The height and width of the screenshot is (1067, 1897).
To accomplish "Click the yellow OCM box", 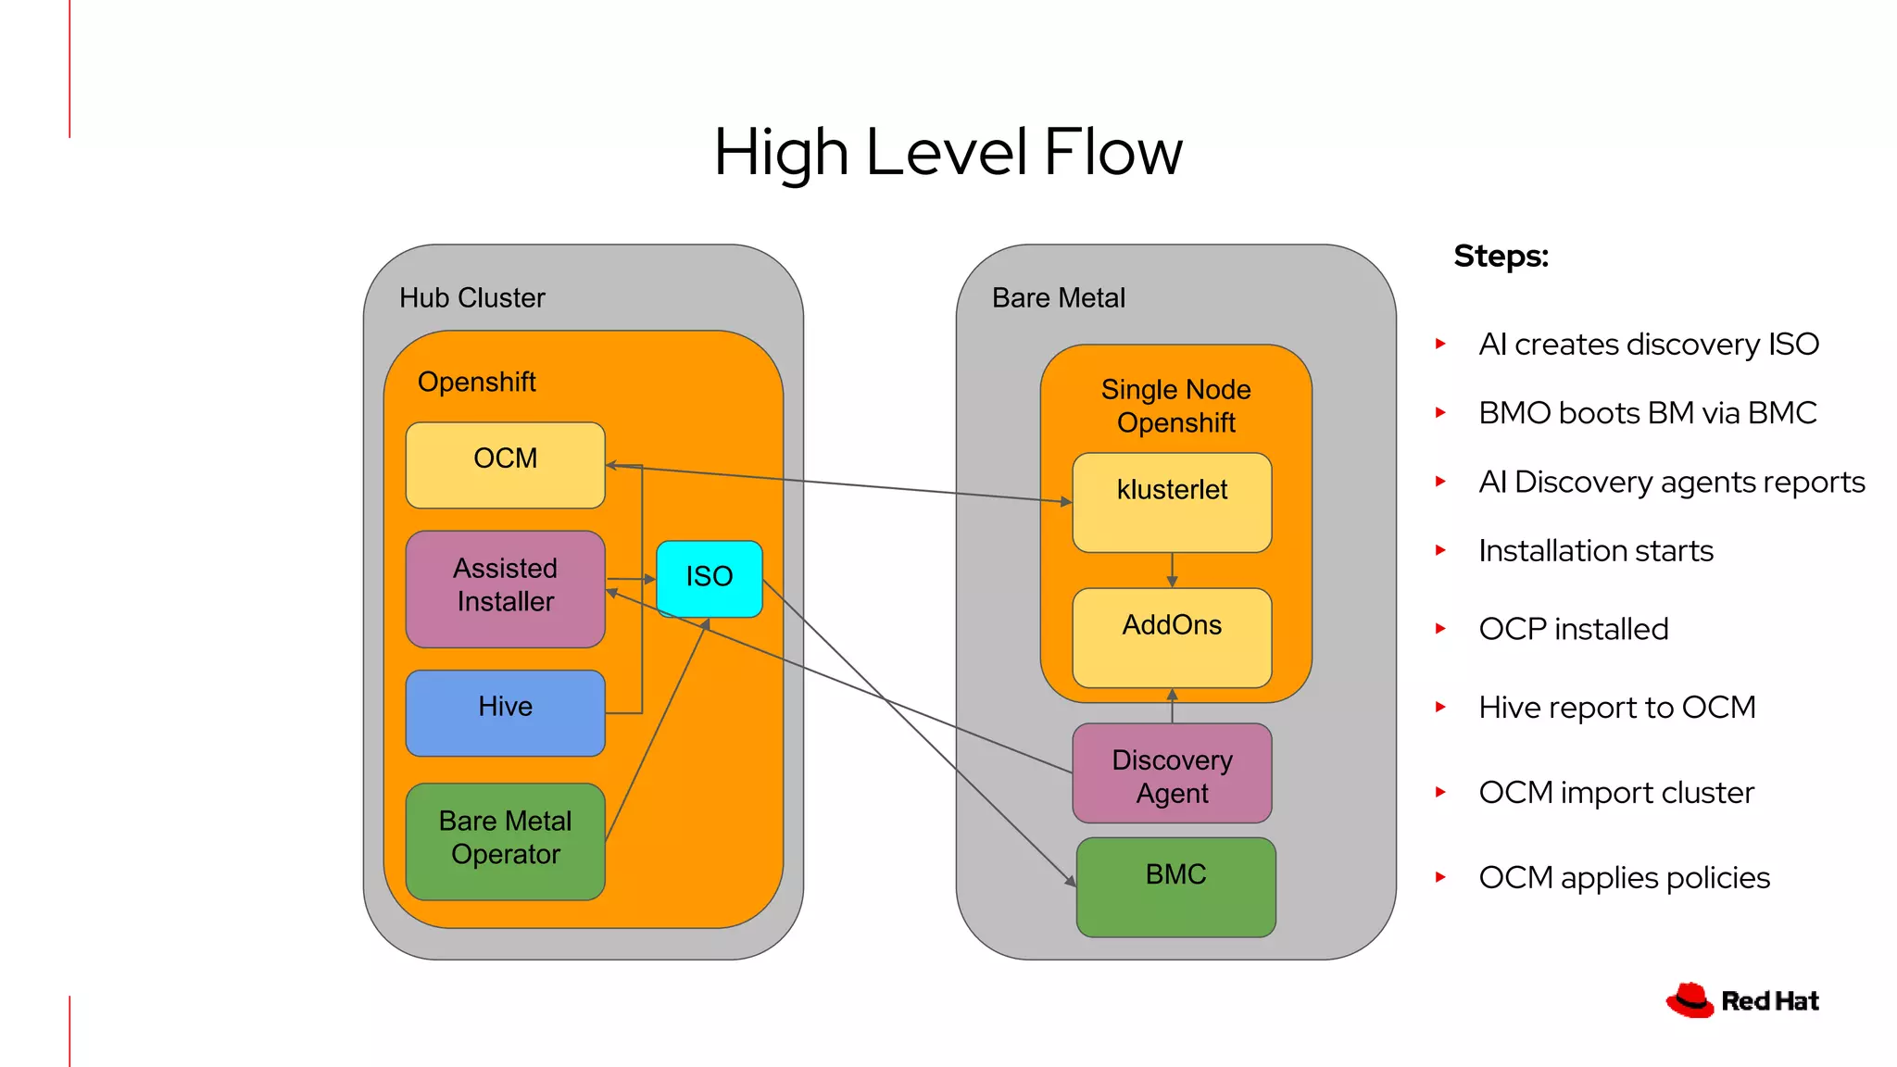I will point(505,465).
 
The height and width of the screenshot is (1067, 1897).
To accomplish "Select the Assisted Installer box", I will point(505,588).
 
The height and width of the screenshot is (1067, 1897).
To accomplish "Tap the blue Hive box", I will point(505,712).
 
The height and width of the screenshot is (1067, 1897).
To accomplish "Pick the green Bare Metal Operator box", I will point(505,841).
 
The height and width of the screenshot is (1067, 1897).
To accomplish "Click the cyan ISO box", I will point(709,579).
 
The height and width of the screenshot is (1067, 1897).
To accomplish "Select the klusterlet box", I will point(1172,502).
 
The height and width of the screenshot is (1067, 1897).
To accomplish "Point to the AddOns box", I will point(1172,637).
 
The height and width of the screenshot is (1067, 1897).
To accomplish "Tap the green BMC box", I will point(1175,886).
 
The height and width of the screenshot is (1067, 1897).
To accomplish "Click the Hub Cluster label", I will point(471,297).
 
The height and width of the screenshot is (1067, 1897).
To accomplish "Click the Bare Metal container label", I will point(1058,297).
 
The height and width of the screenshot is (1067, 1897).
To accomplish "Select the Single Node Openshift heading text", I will point(1175,406).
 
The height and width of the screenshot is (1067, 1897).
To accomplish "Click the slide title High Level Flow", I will point(948,152).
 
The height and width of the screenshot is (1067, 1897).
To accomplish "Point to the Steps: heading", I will point(1501,256).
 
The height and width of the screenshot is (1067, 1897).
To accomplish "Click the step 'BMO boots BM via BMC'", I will point(1647,412).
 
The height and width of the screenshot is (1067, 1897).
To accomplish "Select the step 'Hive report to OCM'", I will point(1616,707).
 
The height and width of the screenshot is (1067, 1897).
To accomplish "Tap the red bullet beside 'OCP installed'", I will point(1440,628).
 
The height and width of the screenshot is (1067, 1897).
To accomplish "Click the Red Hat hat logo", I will point(1690,1000).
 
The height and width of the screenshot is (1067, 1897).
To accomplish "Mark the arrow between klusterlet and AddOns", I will point(1172,570).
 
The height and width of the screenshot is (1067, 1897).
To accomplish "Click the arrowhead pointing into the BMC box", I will point(1071,881).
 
